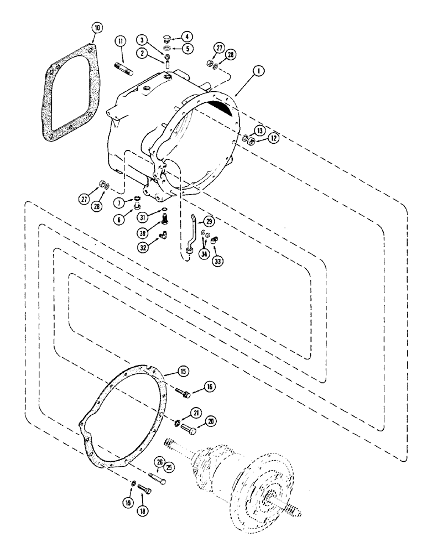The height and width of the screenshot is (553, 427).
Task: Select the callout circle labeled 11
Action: click(120, 41)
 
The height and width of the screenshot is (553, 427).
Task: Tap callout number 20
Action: click(211, 421)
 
